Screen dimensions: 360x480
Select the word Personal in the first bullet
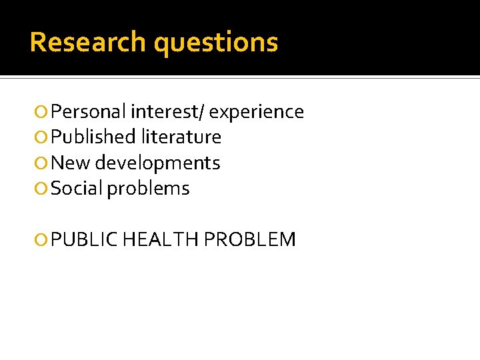(x=89, y=112)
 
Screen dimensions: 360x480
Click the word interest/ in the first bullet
(x=168, y=112)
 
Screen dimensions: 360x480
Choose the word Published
(x=93, y=137)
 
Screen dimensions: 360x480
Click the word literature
(x=181, y=137)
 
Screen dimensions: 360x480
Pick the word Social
(x=77, y=189)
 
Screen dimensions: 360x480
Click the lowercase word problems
(x=149, y=189)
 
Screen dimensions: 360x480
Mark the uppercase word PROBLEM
(x=249, y=239)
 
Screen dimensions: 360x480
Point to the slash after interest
(x=204, y=112)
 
